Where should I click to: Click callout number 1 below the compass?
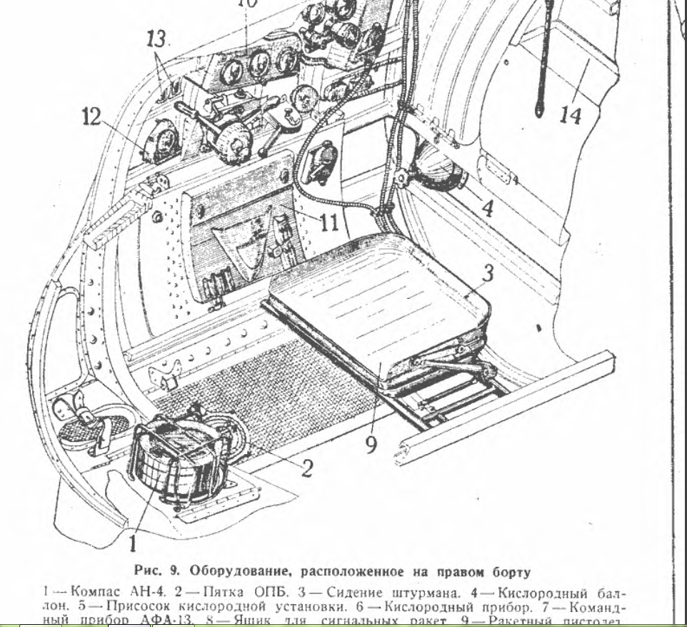click(132, 543)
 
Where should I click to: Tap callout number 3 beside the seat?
click(487, 274)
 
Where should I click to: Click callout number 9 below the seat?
click(371, 444)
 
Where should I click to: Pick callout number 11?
click(329, 222)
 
